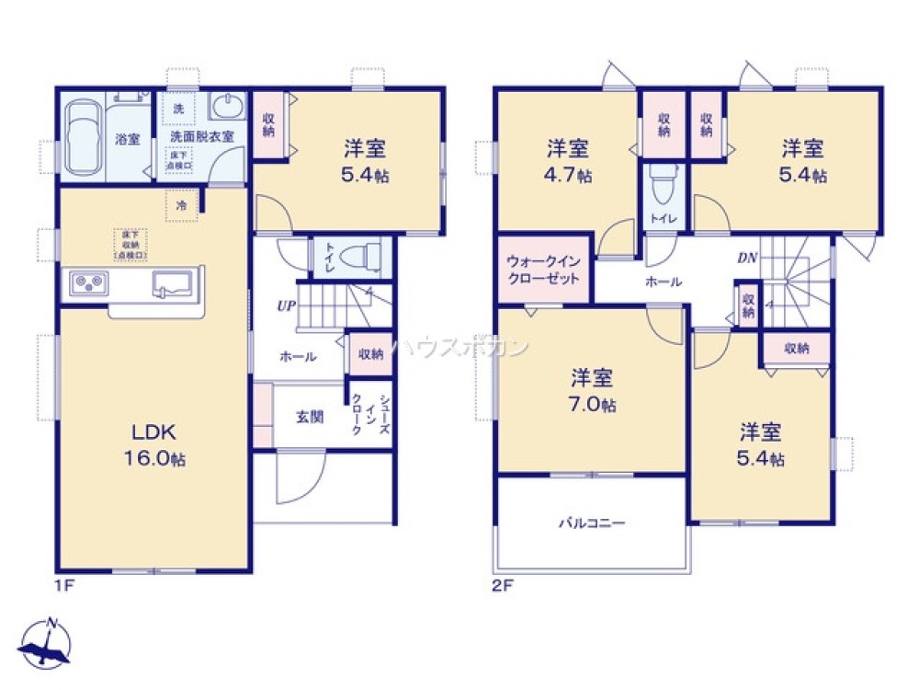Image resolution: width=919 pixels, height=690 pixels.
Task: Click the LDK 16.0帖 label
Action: click(x=153, y=445)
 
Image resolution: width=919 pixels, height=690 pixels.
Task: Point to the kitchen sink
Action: click(x=172, y=282)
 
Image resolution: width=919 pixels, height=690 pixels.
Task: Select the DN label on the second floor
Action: click(x=746, y=258)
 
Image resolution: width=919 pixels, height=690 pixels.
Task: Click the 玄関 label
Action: click(x=309, y=416)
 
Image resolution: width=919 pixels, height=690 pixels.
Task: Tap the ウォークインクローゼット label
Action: click(x=542, y=270)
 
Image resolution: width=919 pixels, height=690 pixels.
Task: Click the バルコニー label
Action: click(x=592, y=523)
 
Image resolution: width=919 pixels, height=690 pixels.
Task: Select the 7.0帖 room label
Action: click(x=593, y=391)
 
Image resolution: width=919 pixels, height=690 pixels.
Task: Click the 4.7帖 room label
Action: click(x=568, y=160)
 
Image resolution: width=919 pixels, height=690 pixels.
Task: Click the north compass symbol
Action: click(x=48, y=642)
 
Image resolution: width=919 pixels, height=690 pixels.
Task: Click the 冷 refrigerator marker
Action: click(x=182, y=205)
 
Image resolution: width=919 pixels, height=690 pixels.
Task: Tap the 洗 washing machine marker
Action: click(x=177, y=109)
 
